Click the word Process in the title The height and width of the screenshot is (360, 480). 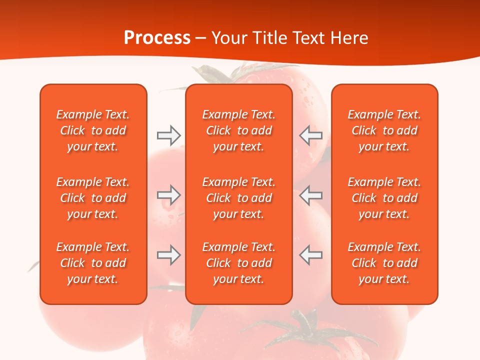(x=157, y=38)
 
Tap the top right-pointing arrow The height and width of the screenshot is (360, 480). (x=168, y=135)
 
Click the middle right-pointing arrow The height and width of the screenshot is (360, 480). (x=168, y=195)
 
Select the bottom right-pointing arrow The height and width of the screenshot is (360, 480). (x=168, y=255)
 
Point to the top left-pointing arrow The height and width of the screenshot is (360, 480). (x=310, y=135)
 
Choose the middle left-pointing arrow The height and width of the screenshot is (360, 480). (x=310, y=195)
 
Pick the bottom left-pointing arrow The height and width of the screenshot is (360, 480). (x=310, y=255)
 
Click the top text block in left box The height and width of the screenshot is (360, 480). (x=93, y=130)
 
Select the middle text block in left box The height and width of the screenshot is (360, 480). (x=93, y=198)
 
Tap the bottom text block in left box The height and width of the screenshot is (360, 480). (x=93, y=263)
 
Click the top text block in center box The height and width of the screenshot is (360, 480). (x=238, y=130)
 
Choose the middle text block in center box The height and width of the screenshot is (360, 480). (x=238, y=198)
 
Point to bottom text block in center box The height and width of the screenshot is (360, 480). (x=238, y=263)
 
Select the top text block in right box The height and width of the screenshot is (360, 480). (x=384, y=130)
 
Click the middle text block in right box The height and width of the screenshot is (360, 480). (x=384, y=198)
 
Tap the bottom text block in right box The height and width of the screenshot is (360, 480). (x=384, y=263)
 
